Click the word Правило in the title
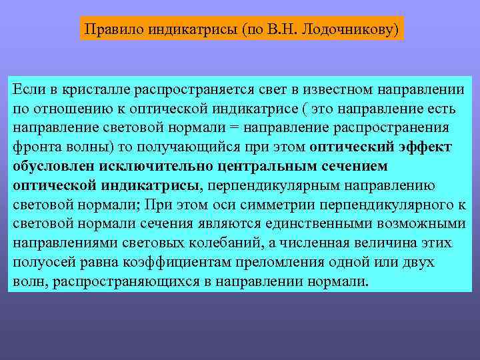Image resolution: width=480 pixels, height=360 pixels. click(109, 29)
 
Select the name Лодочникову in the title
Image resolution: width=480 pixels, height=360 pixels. click(347, 29)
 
